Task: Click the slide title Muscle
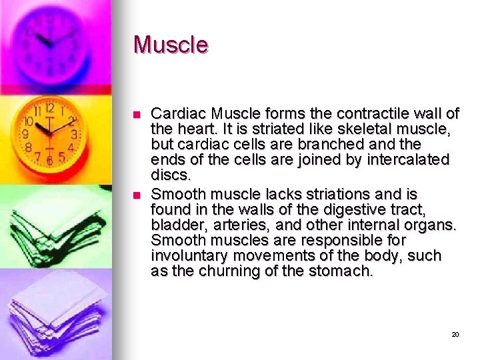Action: pos(171,45)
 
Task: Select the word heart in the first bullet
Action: pos(193,129)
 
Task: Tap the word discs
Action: pos(170,175)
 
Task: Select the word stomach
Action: pos(340,271)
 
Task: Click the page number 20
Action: pos(455,334)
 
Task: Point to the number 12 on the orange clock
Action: pos(49,109)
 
